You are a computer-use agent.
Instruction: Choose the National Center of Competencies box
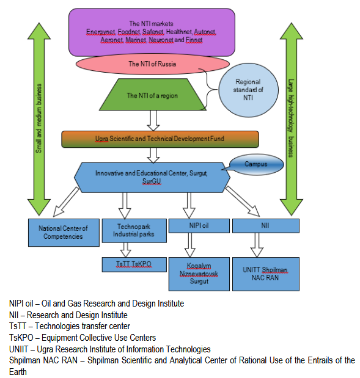point(64,232)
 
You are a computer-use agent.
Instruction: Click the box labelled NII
point(266,226)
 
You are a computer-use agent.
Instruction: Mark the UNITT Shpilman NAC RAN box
point(270,274)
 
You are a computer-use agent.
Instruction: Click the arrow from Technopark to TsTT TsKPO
point(127,249)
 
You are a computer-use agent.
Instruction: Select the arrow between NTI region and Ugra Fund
point(153,120)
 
